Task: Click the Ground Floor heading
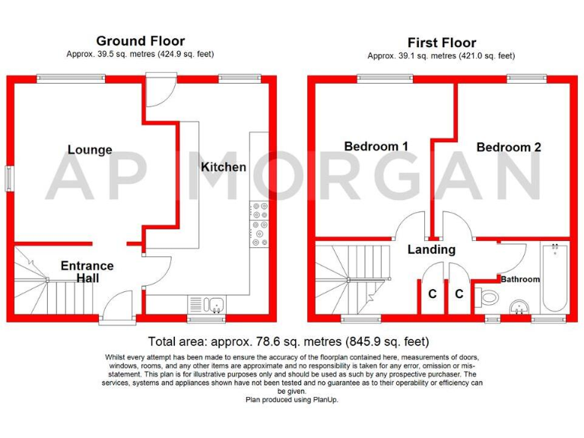pos(140,41)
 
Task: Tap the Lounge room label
pos(90,150)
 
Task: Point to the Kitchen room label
pos(224,167)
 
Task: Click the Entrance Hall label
pos(87,272)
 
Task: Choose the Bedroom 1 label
pos(376,146)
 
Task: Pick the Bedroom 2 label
pos(509,147)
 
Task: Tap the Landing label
pos(431,249)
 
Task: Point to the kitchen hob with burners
pos(259,224)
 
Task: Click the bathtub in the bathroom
pos(554,277)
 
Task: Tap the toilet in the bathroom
pos(490,297)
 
